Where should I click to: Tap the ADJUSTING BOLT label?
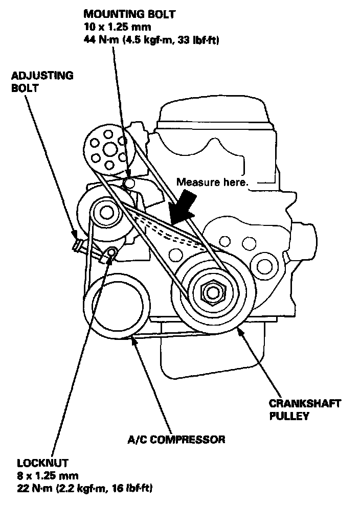(42, 82)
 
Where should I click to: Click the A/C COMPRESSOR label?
(176, 439)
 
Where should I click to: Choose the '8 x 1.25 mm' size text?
(47, 476)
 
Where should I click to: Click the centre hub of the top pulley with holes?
(108, 149)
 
